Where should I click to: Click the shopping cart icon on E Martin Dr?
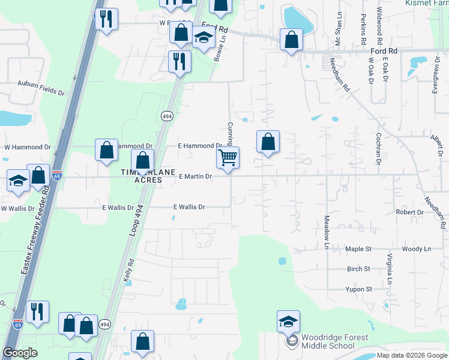(228, 158)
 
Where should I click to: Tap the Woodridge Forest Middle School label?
(328, 341)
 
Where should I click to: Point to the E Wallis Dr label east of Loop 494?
(189, 207)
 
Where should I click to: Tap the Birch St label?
(358, 269)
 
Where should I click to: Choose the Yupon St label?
(358, 289)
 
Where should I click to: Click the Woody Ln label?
(417, 248)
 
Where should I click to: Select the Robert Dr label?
(409, 212)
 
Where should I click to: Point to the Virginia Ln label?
(390, 269)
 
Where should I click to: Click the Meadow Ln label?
(327, 233)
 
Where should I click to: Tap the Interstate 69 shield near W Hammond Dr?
(56, 176)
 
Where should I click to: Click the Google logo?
(20, 353)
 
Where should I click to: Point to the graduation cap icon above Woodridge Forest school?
(288, 322)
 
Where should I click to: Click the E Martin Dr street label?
(196, 176)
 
